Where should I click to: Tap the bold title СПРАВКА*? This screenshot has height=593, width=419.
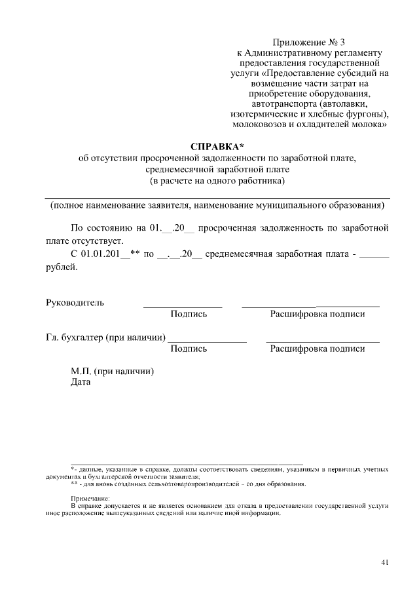point(217,145)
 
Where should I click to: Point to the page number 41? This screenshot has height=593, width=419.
point(385,562)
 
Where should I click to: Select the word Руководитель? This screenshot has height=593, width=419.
point(75,303)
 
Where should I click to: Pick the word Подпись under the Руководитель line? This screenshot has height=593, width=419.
point(189,314)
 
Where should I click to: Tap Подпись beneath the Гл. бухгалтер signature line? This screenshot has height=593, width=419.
point(189,349)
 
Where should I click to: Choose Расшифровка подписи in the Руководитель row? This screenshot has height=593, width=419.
point(318,314)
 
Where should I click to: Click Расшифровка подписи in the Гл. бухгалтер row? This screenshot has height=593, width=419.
point(318,349)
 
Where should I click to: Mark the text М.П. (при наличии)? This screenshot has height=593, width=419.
point(112,371)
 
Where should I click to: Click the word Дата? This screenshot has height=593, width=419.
point(81,383)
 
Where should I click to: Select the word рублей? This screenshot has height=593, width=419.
point(61,267)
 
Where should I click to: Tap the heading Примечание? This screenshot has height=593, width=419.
point(90,499)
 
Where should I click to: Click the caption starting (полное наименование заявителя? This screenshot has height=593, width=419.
point(217,206)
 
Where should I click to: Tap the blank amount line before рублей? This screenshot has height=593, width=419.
point(374,256)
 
